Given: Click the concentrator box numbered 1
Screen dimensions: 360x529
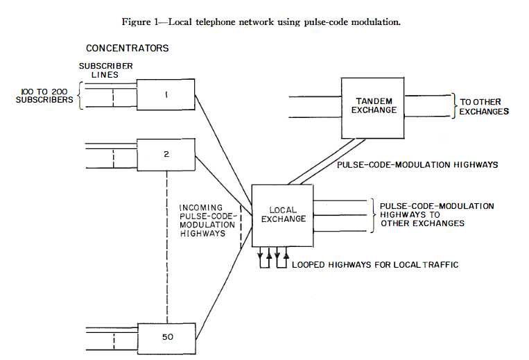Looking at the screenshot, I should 165,94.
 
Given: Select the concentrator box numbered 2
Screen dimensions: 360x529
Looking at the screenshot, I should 166,153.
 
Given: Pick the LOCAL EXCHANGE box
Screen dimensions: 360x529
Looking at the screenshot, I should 283,215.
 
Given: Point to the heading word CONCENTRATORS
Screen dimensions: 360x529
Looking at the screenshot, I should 127,49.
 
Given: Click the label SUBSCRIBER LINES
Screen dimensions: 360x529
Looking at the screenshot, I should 95,71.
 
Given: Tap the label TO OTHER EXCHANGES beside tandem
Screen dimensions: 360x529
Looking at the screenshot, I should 485,107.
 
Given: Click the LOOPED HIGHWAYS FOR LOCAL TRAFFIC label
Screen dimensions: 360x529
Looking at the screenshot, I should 375,265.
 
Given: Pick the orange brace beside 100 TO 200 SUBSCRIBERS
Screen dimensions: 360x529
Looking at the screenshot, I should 80,95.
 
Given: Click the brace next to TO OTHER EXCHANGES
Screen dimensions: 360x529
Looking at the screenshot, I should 454,106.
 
